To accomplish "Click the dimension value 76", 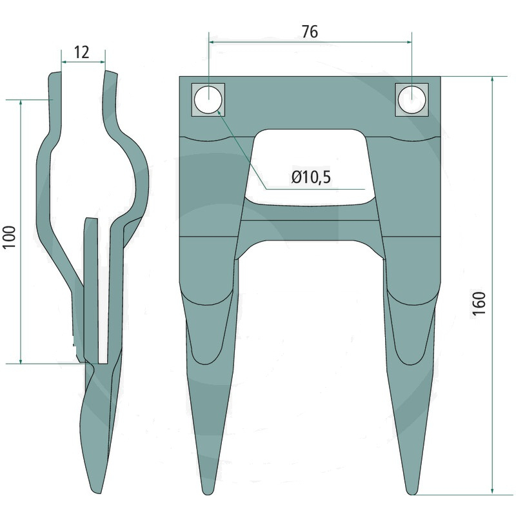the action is (310, 32).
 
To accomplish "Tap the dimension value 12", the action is (81, 52).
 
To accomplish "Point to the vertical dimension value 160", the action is (479, 303).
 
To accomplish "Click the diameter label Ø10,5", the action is (311, 177).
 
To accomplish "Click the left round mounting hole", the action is (208, 99).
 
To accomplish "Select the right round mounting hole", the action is (412, 99).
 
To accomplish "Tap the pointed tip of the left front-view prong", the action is (206, 493).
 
